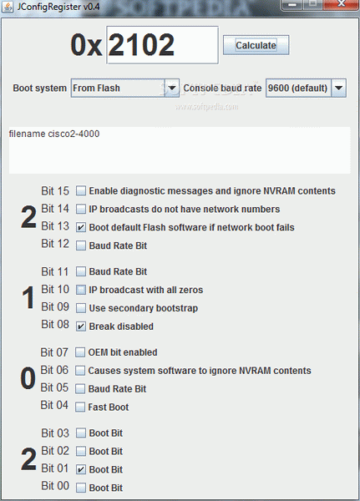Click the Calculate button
coord(256,45)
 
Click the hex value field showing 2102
coord(162,45)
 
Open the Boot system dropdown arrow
coord(172,88)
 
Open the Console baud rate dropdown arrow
coord(339,88)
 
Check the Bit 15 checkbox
coord(81,190)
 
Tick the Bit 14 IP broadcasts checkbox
coord(81,209)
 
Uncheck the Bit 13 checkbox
coord(81,227)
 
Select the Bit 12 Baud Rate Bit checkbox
coord(81,245)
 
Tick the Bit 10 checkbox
coord(81,290)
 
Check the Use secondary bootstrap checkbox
coord(81,308)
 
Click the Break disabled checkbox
coord(81,326)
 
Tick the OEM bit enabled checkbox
coord(80,352)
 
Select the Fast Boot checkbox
coord(80,407)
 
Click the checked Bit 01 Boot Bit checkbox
coord(81,469)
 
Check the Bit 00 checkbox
coord(81,488)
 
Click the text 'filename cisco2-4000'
coord(54,134)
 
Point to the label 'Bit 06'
coord(54,370)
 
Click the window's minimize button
coord(292,4)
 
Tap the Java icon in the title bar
coord(8,7)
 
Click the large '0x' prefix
coord(86,45)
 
